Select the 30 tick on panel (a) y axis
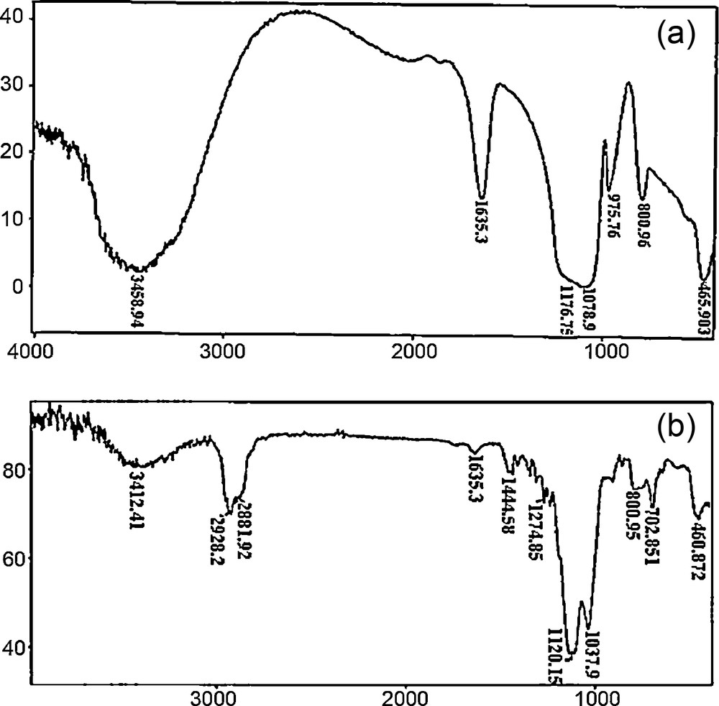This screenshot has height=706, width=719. point(15,85)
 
